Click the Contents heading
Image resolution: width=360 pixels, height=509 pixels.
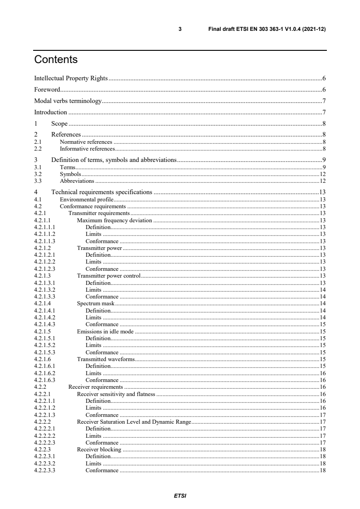coord(56,60)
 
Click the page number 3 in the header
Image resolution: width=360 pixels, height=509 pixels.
coord(180,29)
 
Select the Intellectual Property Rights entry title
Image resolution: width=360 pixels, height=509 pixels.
coord(71,78)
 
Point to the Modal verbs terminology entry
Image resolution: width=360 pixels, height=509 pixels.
coord(68,101)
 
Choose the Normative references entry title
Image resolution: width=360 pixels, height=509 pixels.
coord(86,142)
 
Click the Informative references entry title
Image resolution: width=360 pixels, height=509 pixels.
coord(87,148)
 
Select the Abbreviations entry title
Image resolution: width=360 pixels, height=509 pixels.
coord(77,181)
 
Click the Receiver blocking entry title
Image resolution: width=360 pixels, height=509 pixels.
coord(99,450)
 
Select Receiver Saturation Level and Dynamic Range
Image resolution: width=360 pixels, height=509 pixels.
coord(134,422)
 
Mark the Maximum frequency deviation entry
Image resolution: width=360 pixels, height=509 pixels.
coord(114,220)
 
